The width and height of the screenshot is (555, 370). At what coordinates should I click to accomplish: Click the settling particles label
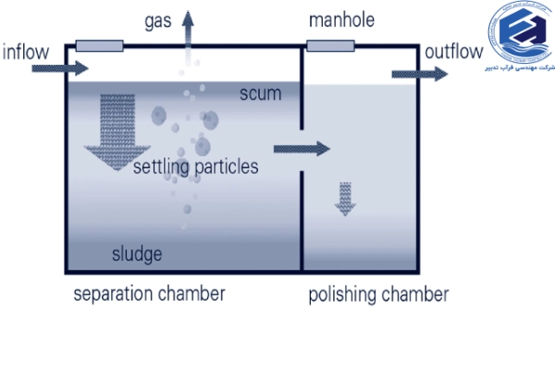point(195,167)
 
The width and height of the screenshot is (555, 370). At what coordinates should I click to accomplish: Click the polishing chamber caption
point(378,295)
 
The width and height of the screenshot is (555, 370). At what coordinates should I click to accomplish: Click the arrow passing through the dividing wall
point(302,147)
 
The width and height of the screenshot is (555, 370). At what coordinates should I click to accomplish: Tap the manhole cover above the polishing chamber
point(333,45)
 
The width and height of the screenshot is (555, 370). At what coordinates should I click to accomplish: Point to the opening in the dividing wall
point(302,148)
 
